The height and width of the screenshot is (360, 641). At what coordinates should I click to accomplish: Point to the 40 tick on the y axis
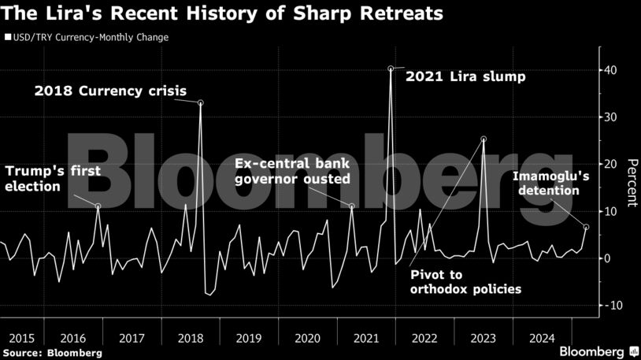(610, 70)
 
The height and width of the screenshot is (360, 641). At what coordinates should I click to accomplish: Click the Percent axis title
(631, 182)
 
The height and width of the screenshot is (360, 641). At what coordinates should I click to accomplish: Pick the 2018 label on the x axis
(191, 338)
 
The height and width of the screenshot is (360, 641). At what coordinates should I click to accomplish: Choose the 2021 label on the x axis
(366, 338)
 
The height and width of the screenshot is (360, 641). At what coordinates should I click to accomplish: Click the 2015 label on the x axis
(17, 338)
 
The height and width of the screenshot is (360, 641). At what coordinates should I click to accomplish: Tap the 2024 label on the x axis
(541, 338)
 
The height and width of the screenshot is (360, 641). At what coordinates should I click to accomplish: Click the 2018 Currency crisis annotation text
(110, 91)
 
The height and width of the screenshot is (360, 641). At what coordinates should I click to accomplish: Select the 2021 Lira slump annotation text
(465, 77)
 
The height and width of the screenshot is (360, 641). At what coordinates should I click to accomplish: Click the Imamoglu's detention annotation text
(547, 184)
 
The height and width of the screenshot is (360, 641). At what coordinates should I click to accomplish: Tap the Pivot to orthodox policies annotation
(465, 282)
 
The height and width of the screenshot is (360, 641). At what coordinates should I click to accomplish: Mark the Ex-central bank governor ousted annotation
(292, 172)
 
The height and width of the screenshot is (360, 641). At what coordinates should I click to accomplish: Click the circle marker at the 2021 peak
(391, 69)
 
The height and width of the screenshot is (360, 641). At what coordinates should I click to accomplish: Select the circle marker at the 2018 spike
(201, 103)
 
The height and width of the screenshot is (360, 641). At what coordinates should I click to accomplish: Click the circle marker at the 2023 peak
(484, 139)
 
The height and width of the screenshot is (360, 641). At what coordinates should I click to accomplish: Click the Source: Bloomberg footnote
(52, 352)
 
